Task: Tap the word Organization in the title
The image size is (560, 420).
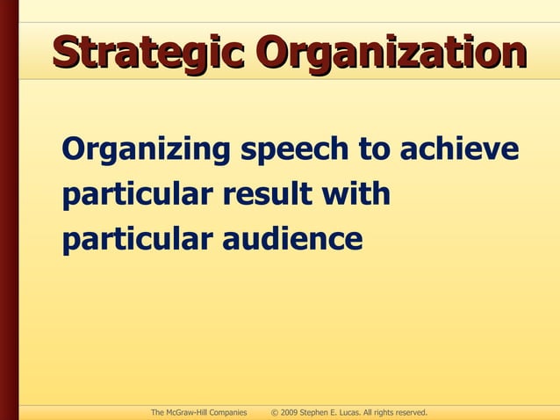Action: click(391, 52)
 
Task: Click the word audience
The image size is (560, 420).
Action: click(294, 238)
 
